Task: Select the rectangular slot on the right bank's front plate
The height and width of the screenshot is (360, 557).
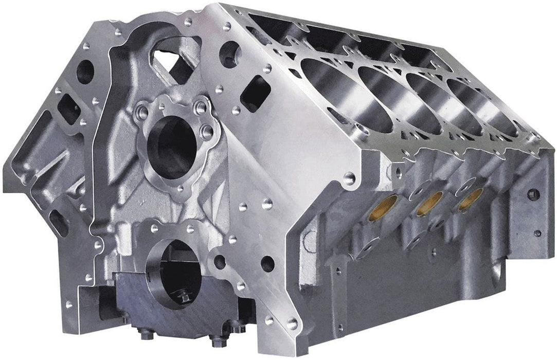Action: tap(255, 93)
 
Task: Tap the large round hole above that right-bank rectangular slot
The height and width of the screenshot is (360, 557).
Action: tap(229, 53)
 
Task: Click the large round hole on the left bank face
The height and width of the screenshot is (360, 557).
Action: tap(85, 71)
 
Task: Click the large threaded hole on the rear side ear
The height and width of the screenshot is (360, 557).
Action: tap(533, 194)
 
